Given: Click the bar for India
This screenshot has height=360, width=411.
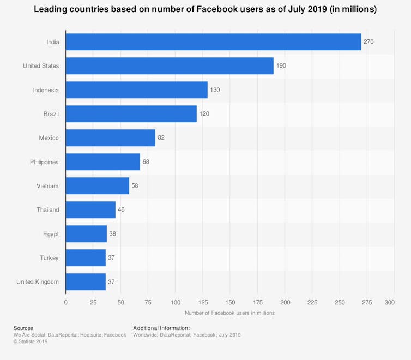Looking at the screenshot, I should coord(213,42).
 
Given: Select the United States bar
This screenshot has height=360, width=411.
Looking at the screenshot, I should coord(170,66).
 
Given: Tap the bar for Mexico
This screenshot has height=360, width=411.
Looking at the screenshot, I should coord(111,138).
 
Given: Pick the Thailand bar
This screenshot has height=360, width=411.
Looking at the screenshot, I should coord(90,210).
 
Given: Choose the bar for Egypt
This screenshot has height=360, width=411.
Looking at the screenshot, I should coord(86,234).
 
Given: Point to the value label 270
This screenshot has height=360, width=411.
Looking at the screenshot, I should coord(368,42).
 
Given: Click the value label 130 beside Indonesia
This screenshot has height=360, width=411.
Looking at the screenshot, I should coord(215,90).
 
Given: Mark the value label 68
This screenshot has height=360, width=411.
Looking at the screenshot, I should coord(146,162).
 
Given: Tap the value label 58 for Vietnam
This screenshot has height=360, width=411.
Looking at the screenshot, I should coord(135,186).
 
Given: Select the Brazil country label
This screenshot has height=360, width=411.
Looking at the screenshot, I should coord(51,114).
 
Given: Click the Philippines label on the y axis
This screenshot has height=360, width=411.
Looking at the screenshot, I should coord(44,162).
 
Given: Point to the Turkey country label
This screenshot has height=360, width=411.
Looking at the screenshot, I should coord(50,258).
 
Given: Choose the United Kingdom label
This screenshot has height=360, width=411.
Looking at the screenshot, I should coord(38,282).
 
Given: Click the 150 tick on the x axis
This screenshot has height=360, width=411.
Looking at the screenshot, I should coord(230,302).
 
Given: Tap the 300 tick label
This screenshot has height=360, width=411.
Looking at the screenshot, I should coord(389,302).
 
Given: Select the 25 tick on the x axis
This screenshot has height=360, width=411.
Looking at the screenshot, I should coord(93,302).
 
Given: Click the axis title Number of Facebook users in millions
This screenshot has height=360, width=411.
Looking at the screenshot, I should coord(229,313).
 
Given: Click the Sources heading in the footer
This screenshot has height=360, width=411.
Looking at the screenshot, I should coord(23,328).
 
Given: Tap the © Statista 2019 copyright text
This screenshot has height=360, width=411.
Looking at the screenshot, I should coord(31,341).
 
